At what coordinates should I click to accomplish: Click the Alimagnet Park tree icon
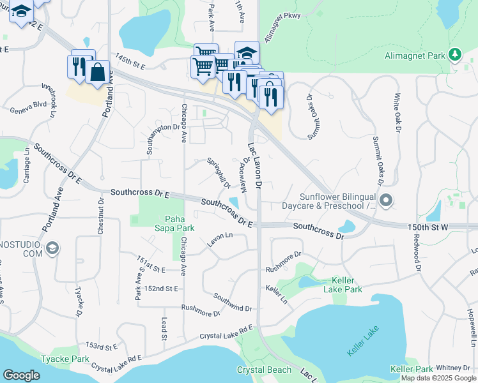coord(455,55)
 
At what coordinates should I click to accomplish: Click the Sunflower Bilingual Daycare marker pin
coord(386,201)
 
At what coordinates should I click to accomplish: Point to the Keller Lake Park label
coord(347,285)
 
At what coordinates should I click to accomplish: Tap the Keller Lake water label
coord(363,342)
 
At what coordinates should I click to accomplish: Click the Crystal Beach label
coord(264,370)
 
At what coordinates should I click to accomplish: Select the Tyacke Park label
coord(65,359)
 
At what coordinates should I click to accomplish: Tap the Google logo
coord(21,375)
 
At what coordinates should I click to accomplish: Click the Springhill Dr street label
coord(218,173)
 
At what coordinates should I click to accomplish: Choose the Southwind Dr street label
coord(233,303)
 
